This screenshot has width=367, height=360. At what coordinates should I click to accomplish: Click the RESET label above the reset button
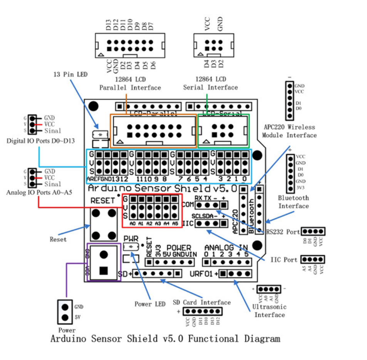[102, 201]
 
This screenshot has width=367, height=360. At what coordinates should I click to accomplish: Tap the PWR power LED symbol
[131, 246]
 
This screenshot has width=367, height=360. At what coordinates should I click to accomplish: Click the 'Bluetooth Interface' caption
[293, 202]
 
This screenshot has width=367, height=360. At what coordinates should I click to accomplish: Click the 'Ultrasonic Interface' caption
[270, 311]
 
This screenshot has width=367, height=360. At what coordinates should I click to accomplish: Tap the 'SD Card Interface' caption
[201, 303]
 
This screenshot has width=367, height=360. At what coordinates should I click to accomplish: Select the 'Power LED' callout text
[150, 304]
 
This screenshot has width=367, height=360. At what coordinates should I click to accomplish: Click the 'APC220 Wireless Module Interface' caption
[289, 131]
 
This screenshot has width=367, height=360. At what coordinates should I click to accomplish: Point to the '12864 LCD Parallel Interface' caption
[130, 84]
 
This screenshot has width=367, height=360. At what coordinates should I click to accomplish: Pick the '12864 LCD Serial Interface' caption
[210, 84]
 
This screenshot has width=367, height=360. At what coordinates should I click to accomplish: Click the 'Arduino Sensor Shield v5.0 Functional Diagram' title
[165, 339]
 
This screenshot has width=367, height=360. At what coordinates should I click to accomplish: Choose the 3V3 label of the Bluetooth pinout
[301, 188]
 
